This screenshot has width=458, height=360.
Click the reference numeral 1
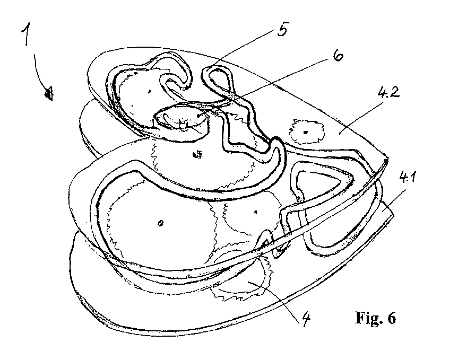(27, 34)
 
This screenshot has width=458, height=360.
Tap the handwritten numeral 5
(282, 29)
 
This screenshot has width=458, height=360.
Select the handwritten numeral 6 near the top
(338, 56)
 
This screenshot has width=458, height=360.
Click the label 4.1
(408, 178)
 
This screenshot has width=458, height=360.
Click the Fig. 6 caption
(376, 318)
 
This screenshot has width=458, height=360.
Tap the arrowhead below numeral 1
(49, 93)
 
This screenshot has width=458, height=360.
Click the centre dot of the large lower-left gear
(160, 223)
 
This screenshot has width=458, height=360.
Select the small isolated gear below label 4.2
(306, 131)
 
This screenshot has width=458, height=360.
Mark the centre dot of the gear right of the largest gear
(256, 212)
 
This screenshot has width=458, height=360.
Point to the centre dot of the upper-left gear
(149, 91)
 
